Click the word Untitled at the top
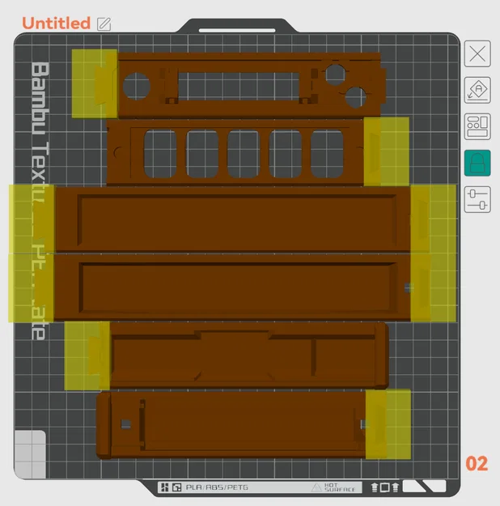[x=56, y=23]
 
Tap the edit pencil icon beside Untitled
[x=104, y=23]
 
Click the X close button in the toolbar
[x=477, y=54]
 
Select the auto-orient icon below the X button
[x=477, y=90]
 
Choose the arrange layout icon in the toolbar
[x=477, y=126]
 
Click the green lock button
[x=477, y=163]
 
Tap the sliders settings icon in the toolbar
[x=477, y=198]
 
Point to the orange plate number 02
[x=477, y=464]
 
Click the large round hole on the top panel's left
[x=136, y=85]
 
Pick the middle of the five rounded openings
[x=243, y=153]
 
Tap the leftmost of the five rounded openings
[x=160, y=153]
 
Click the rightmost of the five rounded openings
[x=327, y=153]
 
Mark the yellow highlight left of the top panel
[x=94, y=83]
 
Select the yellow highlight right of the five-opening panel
[x=386, y=151]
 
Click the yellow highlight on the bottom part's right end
[x=388, y=423]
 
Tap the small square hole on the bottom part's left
[x=125, y=423]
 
